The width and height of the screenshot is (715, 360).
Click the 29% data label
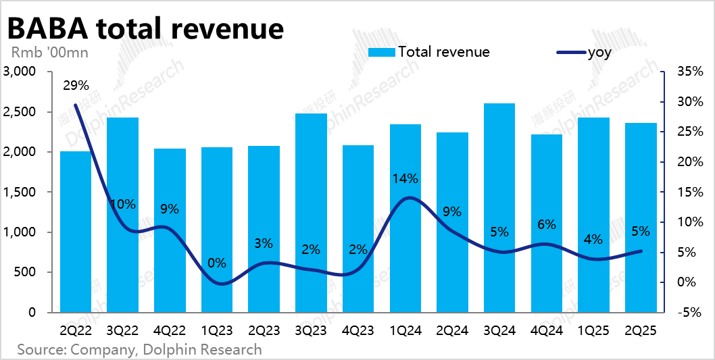[76, 86]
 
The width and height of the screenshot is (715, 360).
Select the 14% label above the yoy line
[405, 179]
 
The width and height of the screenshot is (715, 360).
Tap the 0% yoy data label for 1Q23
[217, 263]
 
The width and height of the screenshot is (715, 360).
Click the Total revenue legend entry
[429, 52]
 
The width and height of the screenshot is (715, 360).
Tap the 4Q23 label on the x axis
[358, 331]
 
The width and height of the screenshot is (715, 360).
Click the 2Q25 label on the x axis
[641, 331]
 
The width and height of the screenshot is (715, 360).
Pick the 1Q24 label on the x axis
[405, 331]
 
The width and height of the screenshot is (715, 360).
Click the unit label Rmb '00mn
[49, 52]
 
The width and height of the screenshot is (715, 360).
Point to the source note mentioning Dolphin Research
[139, 349]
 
